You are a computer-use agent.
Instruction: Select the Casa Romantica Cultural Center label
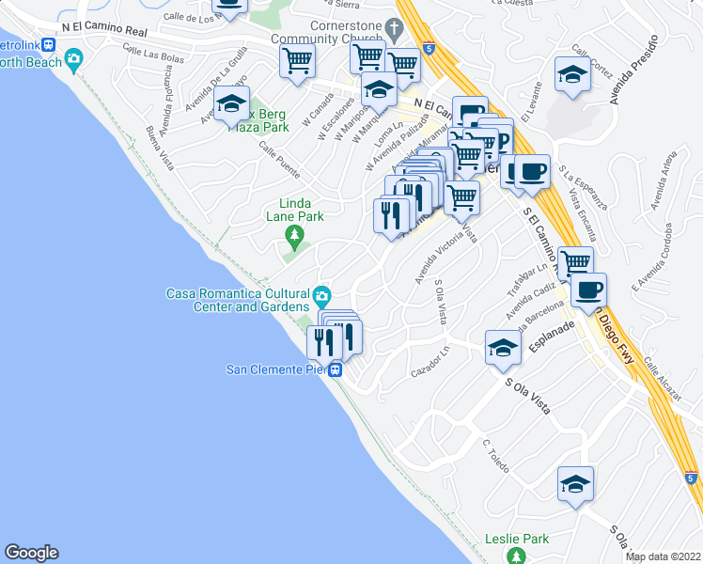(x=239, y=300)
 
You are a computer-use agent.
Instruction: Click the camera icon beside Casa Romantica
(x=322, y=298)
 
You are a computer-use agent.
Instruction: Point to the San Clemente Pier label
(x=275, y=369)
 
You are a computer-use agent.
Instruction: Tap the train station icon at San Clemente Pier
(x=336, y=370)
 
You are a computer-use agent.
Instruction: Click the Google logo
(x=31, y=553)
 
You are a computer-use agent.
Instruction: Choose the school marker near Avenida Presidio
(x=571, y=75)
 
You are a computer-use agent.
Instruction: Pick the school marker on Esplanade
(x=503, y=347)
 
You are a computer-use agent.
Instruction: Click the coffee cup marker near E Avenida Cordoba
(x=588, y=290)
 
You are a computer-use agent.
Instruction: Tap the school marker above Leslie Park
(x=575, y=484)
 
